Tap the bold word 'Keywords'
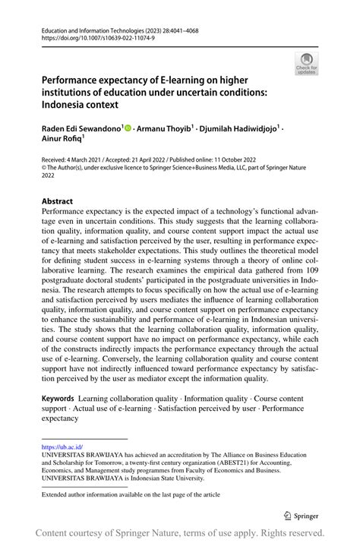[x=58, y=398]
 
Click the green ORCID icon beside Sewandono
[x=127, y=129]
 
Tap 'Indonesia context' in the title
[x=84, y=106]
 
